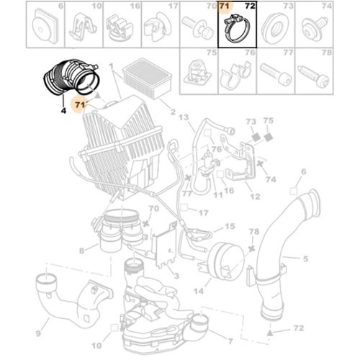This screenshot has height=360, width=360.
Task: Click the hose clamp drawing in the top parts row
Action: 236,28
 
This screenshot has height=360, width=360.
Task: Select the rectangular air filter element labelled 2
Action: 148,78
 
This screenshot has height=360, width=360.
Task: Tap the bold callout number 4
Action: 63,111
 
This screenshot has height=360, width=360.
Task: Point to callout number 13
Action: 184,117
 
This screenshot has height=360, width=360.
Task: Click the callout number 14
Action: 199,292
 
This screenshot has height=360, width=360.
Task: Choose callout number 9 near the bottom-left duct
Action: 38,333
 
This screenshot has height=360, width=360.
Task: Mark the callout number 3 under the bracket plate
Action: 176,276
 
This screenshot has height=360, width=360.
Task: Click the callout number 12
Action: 255,197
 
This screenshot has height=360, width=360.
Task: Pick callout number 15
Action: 230,226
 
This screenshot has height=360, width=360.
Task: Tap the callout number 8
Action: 81,251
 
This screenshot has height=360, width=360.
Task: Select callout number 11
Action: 217,195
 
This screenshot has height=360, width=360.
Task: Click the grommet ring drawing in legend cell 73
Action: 275,28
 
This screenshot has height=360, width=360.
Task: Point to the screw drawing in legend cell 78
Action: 313,76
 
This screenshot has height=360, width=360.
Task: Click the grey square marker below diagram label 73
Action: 256,138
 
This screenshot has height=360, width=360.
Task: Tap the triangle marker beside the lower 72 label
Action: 270,333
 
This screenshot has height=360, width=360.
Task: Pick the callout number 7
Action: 230,341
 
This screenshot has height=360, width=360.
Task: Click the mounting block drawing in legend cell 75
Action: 197,72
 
